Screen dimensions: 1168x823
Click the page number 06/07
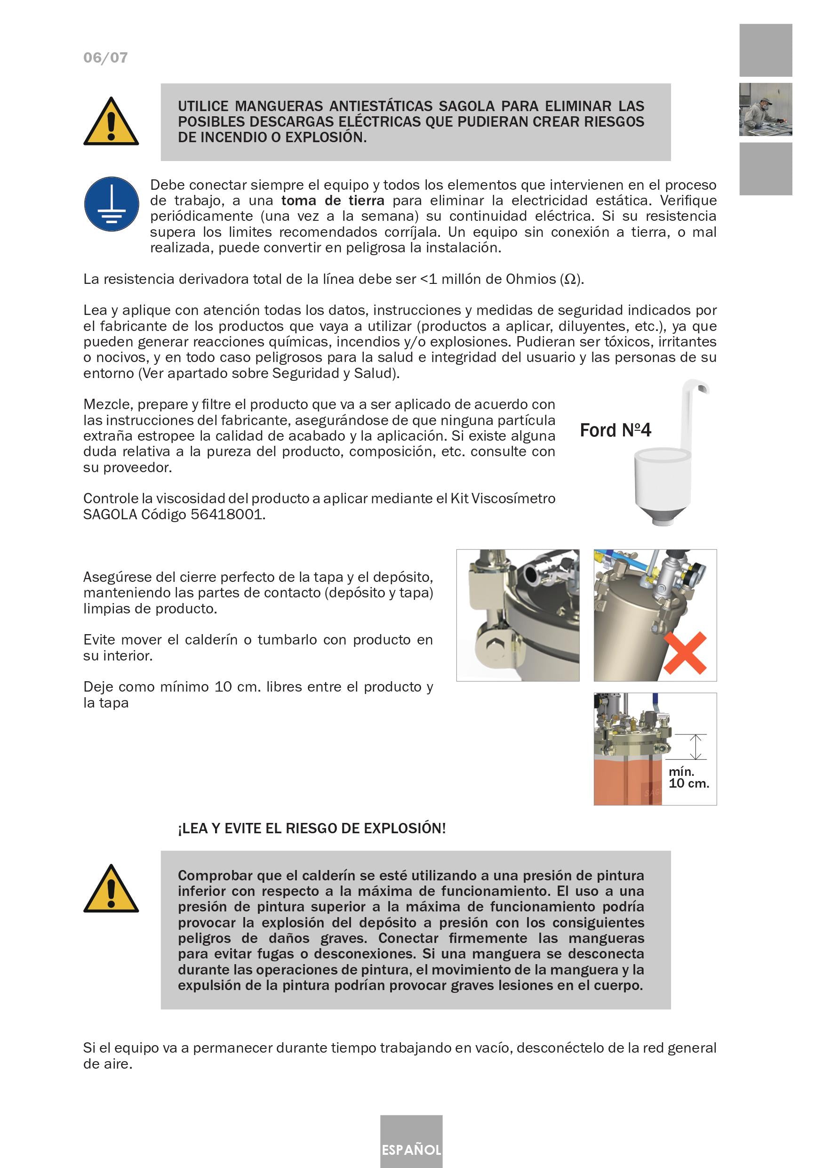105,57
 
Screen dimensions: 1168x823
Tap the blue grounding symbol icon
112,204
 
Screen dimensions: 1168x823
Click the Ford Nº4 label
615,430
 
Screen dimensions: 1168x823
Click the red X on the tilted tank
685,653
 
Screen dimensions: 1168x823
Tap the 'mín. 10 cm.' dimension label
688,778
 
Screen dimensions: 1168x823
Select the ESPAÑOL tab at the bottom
411,1150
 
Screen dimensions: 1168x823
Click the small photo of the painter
765,109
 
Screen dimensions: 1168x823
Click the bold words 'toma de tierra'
333,201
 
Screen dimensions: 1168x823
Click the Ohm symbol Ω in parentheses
570,279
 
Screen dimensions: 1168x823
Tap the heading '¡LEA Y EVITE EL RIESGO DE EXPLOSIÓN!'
312,829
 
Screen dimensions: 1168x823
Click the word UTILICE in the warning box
203,106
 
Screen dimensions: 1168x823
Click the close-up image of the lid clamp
518,615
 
